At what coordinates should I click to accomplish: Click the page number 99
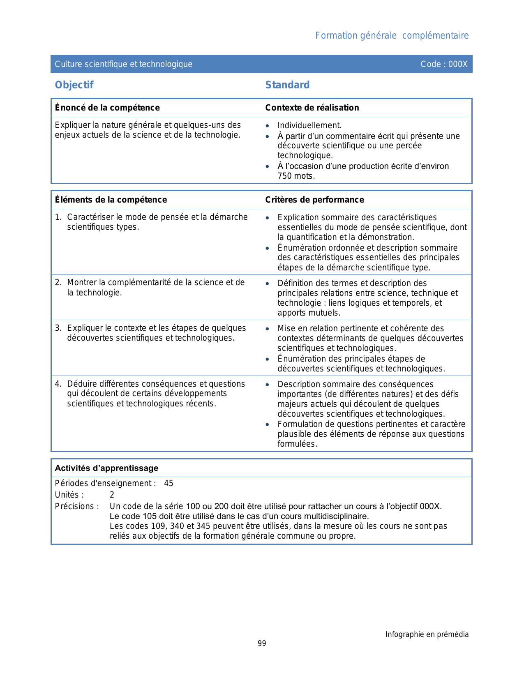coord(262,643)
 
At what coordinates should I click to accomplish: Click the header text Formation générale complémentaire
coord(392,36)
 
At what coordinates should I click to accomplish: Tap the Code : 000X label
coord(444,64)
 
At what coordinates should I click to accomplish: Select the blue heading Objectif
coord(74,85)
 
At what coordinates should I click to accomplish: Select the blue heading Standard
coord(287,85)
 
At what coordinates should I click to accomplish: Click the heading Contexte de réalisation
coord(312,108)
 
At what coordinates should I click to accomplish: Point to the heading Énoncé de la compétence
coord(107,108)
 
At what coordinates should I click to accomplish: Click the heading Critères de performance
coord(314,200)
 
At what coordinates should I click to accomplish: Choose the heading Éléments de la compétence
coord(111,200)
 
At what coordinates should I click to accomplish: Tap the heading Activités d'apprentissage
coord(106,468)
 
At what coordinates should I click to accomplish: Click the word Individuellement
coord(309,125)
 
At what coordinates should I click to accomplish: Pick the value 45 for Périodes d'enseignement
coord(169,483)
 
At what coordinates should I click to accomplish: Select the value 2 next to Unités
coord(112,495)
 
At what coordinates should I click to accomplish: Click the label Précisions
coord(77,506)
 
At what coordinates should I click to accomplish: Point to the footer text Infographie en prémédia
coord(427,634)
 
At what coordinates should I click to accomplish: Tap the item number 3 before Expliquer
coord(58,328)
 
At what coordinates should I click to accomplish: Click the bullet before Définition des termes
coord(268,284)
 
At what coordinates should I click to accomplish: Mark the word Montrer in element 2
coord(82,282)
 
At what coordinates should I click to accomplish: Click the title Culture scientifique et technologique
coord(123,64)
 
